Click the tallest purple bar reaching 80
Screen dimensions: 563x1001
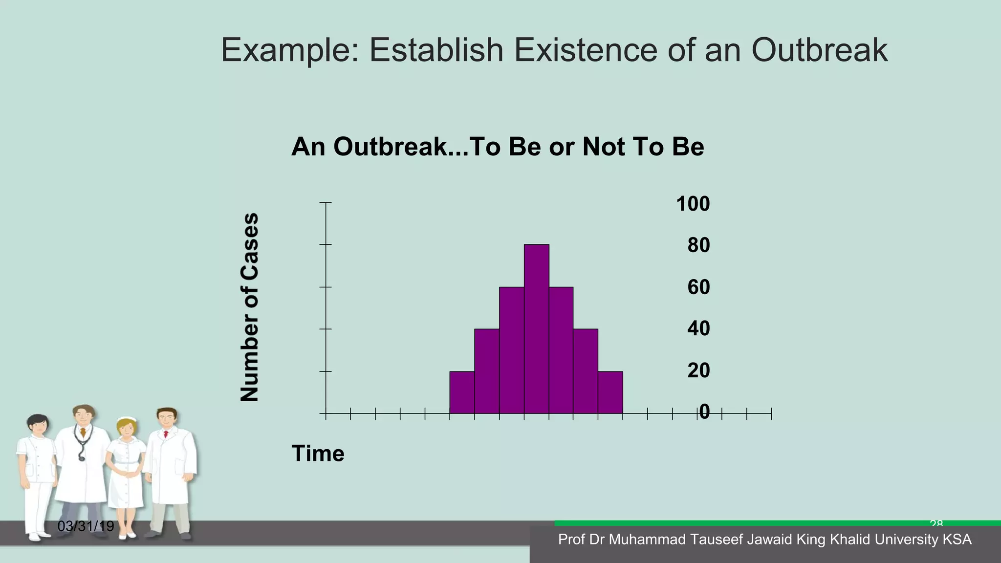(536, 328)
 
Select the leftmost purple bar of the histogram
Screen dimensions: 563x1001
(462, 392)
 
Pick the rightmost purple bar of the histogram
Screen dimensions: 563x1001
(610, 392)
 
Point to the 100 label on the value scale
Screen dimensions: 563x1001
(693, 204)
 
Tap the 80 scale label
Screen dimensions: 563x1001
(698, 245)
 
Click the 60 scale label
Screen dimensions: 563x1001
(698, 287)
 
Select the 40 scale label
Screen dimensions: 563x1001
(698, 328)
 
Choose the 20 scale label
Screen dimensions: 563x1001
(698, 370)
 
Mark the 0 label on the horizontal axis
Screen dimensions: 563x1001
(704, 412)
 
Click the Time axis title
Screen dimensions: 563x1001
(318, 454)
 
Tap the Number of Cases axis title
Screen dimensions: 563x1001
(249, 307)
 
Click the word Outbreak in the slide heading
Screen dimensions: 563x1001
(819, 50)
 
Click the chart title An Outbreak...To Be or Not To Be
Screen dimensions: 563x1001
(497, 147)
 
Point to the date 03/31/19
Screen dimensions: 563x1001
(86, 526)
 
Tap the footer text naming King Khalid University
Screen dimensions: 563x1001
(764, 540)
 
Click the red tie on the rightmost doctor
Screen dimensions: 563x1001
(166, 434)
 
